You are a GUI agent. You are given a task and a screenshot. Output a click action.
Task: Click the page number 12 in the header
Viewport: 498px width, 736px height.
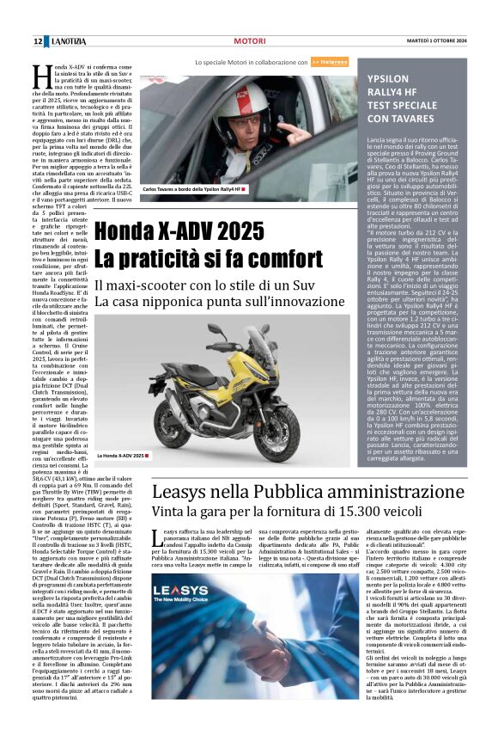pos(37,41)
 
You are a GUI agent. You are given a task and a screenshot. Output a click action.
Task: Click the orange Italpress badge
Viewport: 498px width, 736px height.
pos(329,62)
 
